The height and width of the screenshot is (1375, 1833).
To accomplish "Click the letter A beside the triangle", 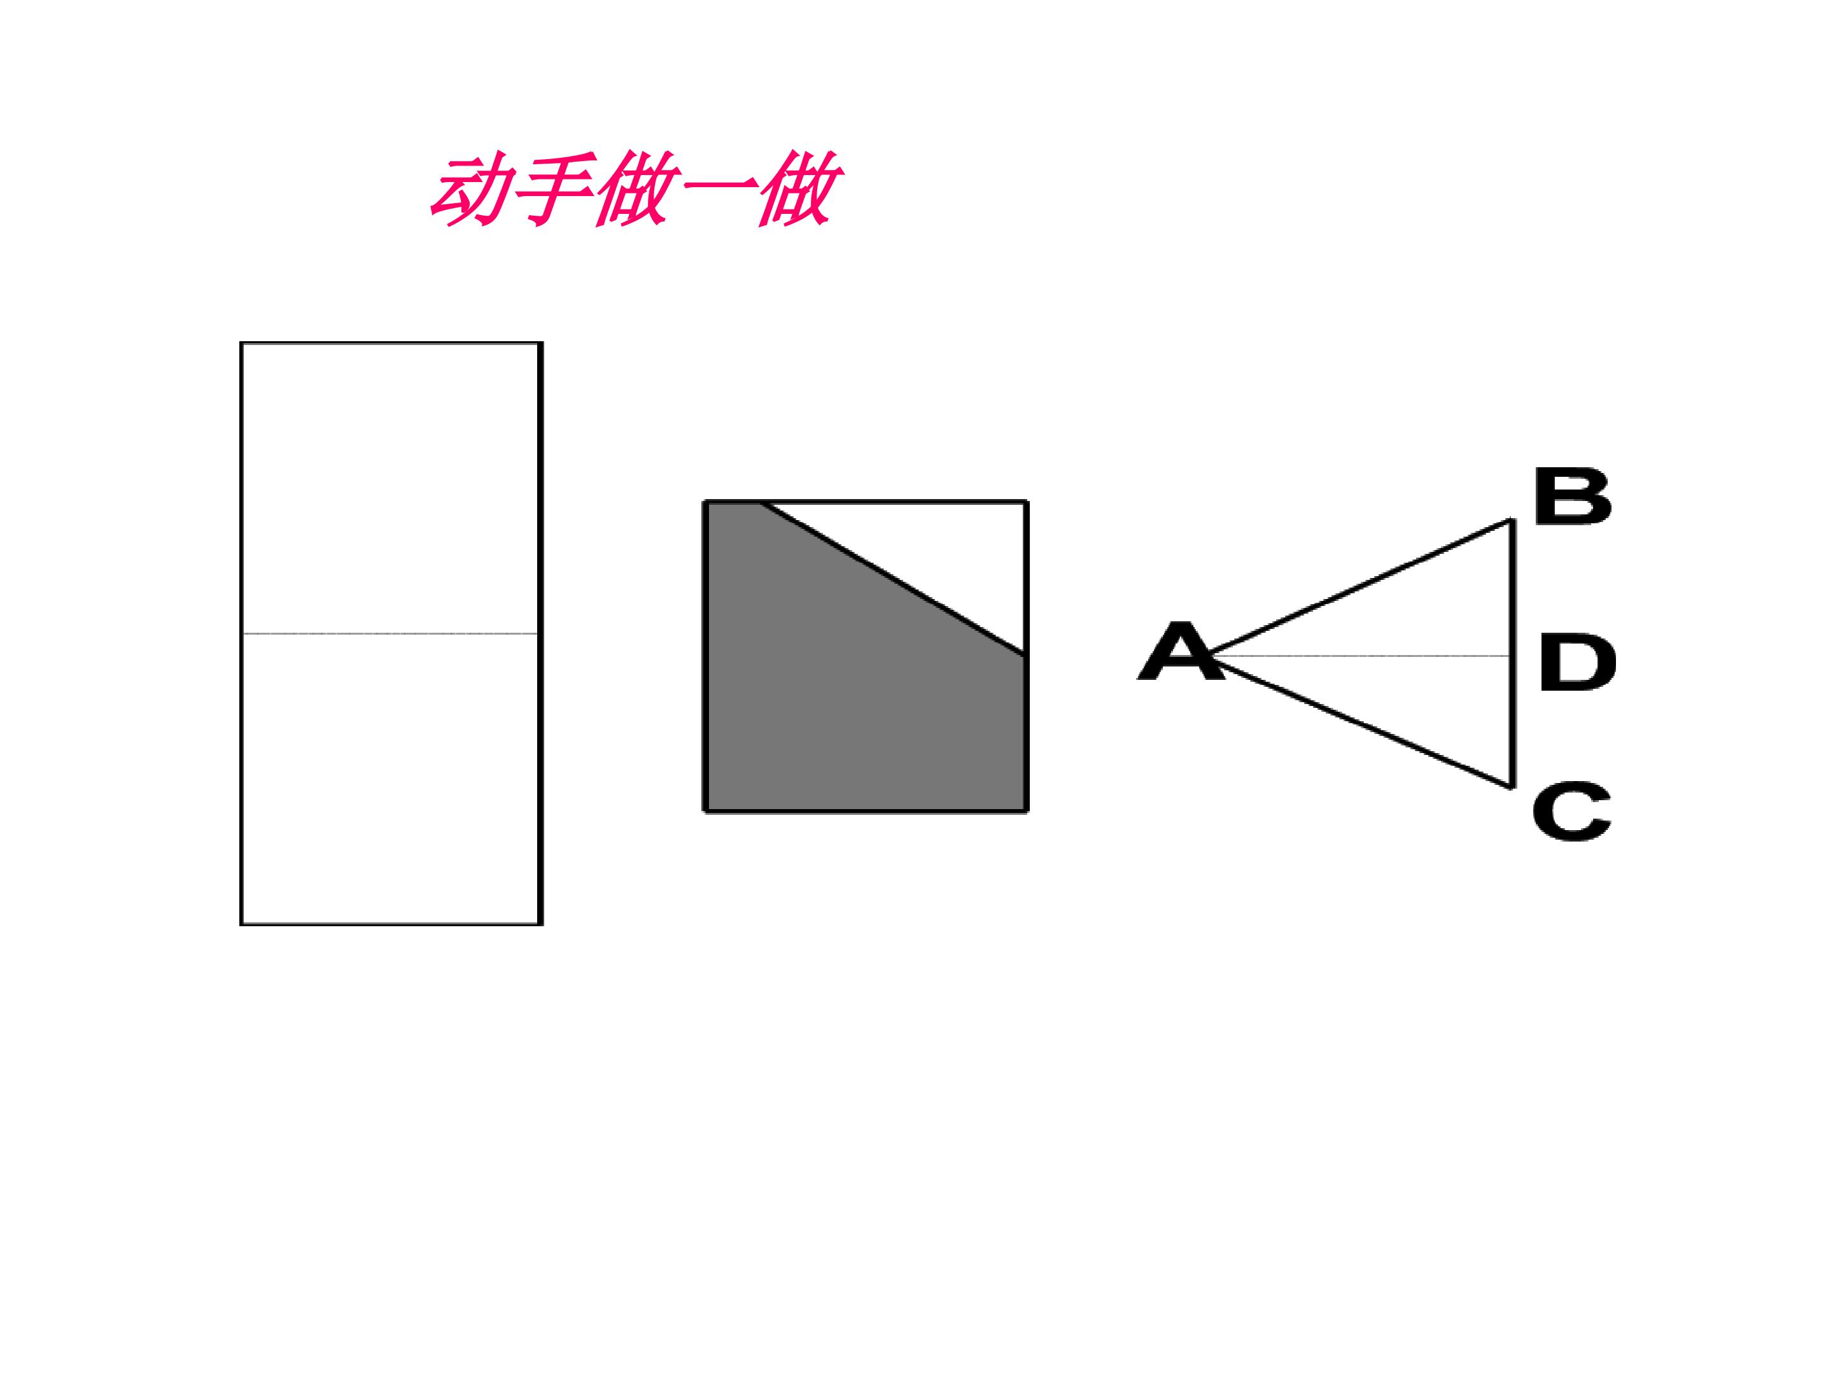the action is point(1180,651).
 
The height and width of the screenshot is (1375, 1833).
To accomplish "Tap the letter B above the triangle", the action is point(1572,496).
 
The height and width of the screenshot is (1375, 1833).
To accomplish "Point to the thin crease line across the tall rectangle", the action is point(390,634).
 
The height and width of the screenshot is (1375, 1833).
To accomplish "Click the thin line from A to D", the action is point(1359,656).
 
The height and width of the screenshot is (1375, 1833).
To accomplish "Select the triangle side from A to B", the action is point(1360,588).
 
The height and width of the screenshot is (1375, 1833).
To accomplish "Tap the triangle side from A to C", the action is point(1360,722).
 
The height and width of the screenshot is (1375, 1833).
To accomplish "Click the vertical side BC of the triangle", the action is point(1512,654).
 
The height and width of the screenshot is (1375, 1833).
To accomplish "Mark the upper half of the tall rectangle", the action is point(390,488).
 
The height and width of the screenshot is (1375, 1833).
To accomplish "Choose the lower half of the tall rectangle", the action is point(390,779).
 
